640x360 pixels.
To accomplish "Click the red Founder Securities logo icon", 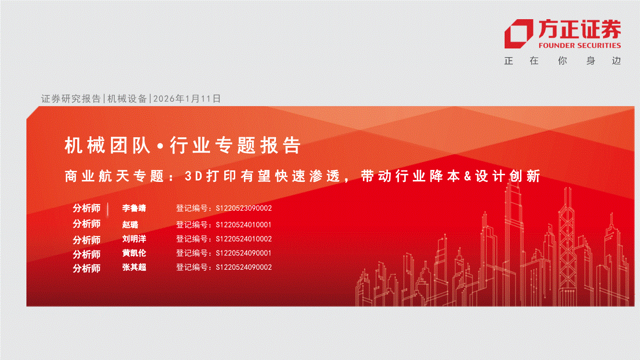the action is tap(519, 34).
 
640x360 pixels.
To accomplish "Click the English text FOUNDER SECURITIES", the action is tap(580, 46).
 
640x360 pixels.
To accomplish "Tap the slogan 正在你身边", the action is tap(563, 61).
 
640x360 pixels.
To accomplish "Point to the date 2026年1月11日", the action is tap(187, 99).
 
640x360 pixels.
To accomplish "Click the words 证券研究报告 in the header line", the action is tap(71, 99).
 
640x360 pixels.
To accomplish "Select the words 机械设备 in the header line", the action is tap(127, 99).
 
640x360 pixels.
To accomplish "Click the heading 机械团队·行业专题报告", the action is tap(182, 145).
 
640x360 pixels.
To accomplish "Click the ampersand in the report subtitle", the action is tap(468, 176).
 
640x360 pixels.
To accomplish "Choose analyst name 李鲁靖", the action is tap(134, 208).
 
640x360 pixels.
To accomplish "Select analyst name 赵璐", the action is tap(130, 225).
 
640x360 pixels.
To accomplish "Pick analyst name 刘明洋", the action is tap(134, 239).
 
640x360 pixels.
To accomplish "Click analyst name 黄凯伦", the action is tap(134, 253).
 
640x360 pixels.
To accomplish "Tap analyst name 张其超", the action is tap(134, 267).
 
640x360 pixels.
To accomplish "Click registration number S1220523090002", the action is tap(244, 208).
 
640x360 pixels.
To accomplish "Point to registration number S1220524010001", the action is tap(243, 225).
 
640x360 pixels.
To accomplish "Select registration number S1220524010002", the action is tap(244, 239).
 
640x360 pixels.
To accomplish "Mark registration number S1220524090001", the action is tap(243, 253).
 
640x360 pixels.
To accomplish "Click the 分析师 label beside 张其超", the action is tap(86, 268).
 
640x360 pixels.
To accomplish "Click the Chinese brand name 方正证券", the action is tap(580, 29).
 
